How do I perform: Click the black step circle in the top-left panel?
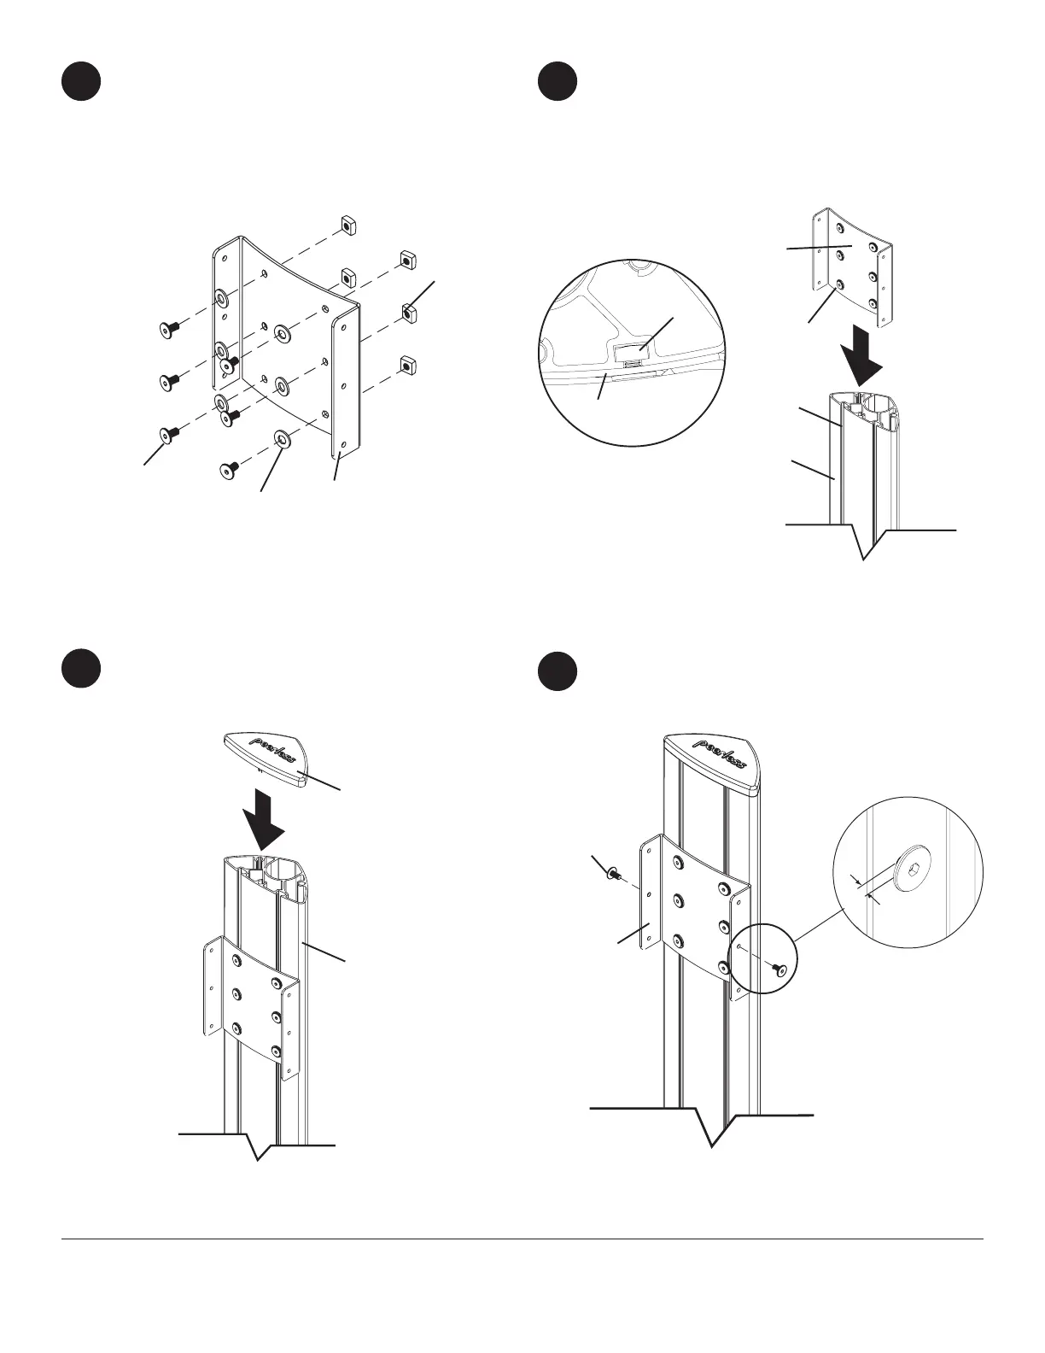pyautogui.click(x=81, y=82)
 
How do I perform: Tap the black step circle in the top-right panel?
pyautogui.click(x=558, y=82)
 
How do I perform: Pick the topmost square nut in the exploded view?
pyautogui.click(x=347, y=225)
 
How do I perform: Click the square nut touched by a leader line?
pyautogui.click(x=409, y=312)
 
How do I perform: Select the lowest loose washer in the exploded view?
pyautogui.click(x=280, y=439)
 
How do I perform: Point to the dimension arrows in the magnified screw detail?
pyautogui.click(x=863, y=887)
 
